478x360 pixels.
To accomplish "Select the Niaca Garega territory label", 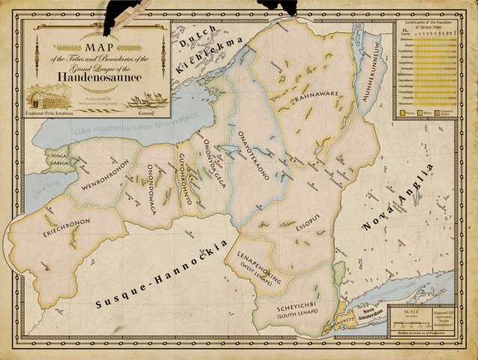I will click(x=60, y=158).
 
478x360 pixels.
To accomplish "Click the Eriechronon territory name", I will click(x=67, y=223).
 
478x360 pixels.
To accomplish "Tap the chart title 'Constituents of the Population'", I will click(x=432, y=25).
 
